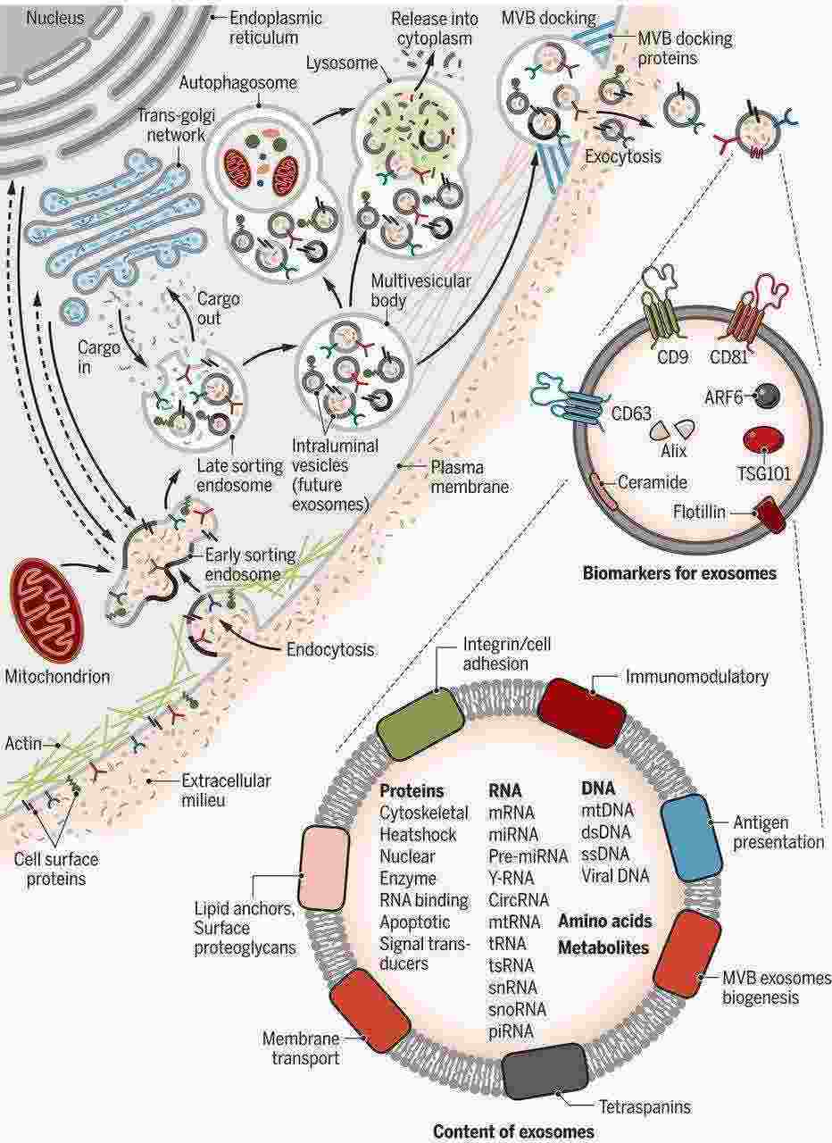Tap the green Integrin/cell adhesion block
tap(420, 722)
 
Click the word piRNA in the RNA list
tap(511, 1030)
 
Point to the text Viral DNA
tap(615, 876)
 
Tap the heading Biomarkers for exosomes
tap(679, 573)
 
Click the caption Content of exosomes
tap(513, 1131)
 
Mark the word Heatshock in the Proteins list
tap(418, 835)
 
